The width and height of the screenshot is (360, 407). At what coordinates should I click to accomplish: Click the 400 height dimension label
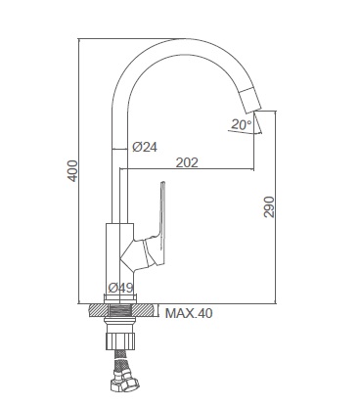(x=72, y=170)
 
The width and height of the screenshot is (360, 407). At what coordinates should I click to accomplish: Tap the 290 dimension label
(x=269, y=206)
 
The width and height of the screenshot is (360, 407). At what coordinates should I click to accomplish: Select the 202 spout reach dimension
(x=187, y=162)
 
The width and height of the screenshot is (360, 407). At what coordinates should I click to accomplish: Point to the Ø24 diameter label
(x=145, y=147)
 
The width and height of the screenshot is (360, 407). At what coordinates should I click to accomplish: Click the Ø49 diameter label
(x=121, y=288)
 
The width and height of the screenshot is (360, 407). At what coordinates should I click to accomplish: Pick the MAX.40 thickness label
(x=189, y=313)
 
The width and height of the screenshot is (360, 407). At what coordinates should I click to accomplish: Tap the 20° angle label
(x=242, y=124)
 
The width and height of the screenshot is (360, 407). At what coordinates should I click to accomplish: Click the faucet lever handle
(x=156, y=224)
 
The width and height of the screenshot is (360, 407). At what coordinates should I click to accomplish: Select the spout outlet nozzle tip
(x=250, y=101)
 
